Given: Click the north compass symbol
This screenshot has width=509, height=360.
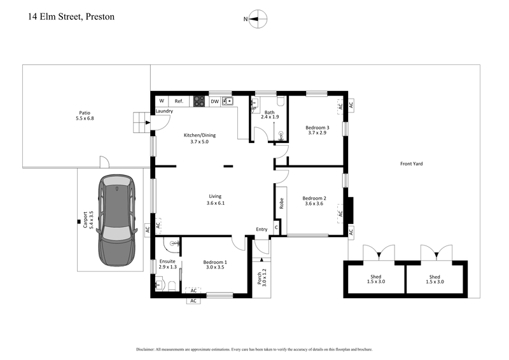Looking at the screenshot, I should (x=258, y=19).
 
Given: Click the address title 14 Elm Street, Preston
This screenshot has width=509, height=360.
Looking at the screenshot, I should (x=71, y=17).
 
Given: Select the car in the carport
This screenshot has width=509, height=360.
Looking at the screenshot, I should (x=116, y=220).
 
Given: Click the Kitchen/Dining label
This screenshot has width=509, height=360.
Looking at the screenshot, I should (x=199, y=138).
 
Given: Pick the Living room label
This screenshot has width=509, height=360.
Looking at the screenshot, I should (x=216, y=199).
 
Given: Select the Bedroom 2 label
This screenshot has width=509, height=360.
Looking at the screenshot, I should (x=314, y=200).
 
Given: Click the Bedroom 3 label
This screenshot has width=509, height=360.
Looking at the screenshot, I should (x=319, y=129).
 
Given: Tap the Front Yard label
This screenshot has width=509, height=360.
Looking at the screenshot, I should (x=411, y=163).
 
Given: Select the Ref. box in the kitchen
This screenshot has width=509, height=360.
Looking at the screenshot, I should (x=179, y=101).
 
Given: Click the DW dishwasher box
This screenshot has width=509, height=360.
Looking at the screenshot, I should (x=214, y=101).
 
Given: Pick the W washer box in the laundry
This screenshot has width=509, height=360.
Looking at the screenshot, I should (x=162, y=101).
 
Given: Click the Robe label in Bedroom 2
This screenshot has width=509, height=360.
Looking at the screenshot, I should (x=281, y=204).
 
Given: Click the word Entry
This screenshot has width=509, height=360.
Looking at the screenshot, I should (x=261, y=229).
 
